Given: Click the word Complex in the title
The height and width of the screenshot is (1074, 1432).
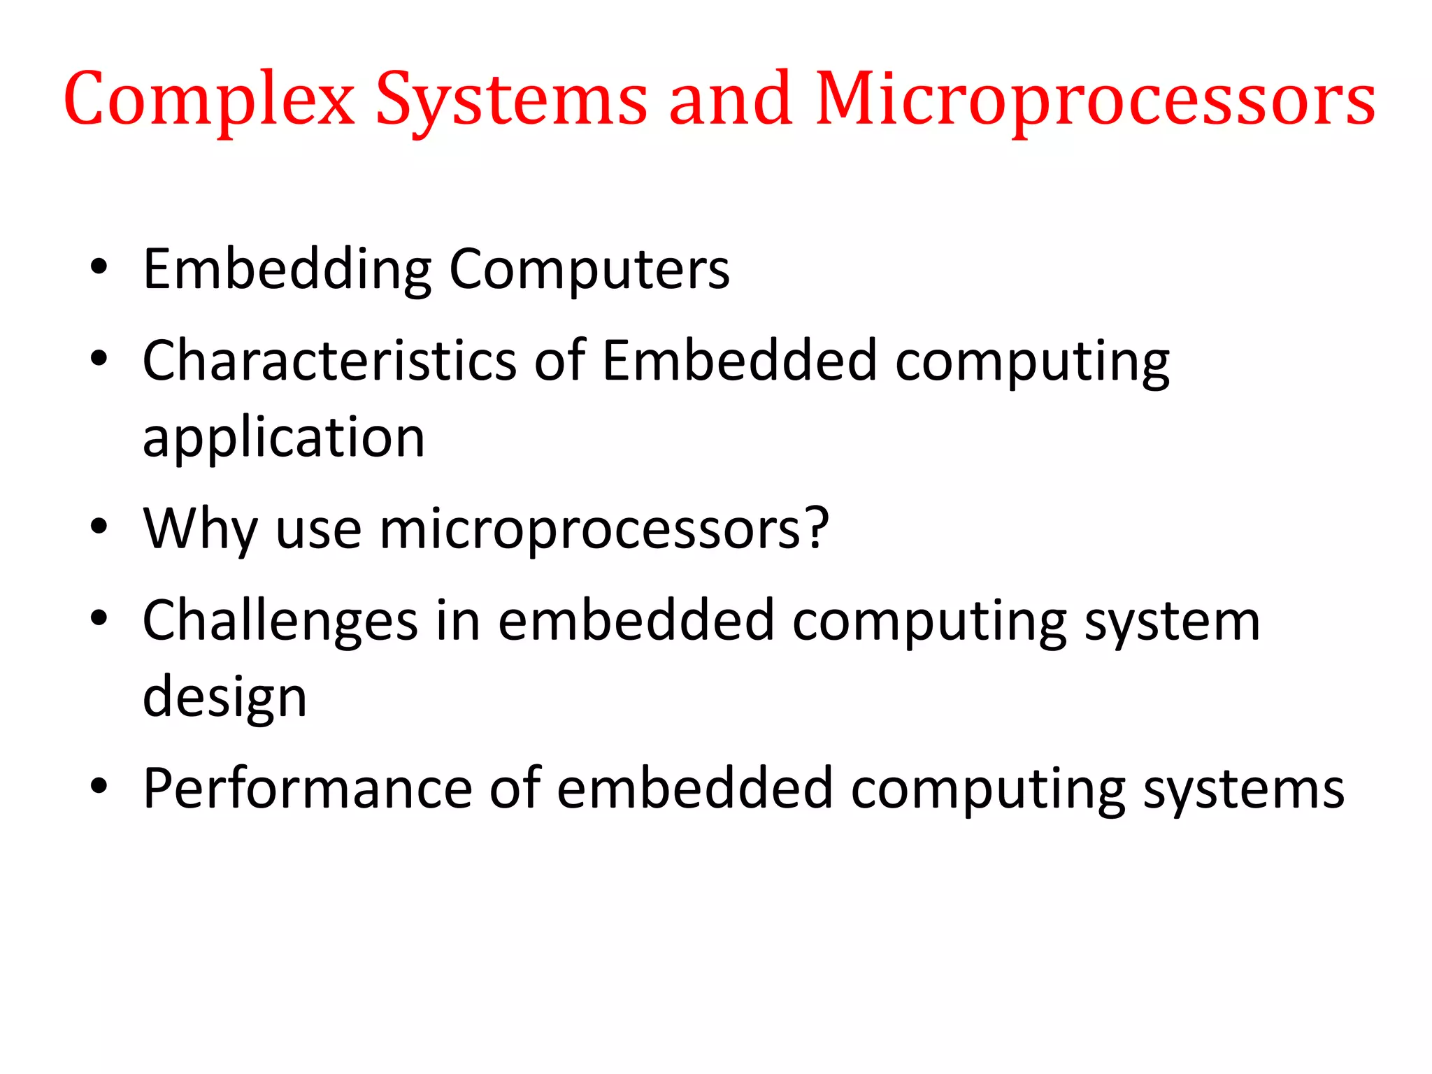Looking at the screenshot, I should click(x=209, y=100).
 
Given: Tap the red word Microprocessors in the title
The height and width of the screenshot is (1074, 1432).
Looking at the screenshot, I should click(x=1095, y=100).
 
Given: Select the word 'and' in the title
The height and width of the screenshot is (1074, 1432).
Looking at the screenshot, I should click(x=731, y=100).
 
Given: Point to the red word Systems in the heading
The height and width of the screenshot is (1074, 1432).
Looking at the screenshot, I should click(x=511, y=100).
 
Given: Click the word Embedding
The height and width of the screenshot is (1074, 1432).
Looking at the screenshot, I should click(x=287, y=270).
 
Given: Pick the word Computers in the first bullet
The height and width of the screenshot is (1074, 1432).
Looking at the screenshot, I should click(x=589, y=270).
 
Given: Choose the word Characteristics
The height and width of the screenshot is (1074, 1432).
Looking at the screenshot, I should click(x=329, y=361).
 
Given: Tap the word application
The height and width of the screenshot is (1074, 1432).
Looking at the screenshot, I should click(x=284, y=438).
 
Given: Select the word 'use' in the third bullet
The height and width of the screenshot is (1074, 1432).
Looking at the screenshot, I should click(x=319, y=529).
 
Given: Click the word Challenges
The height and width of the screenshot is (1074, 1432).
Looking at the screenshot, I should click(x=280, y=621).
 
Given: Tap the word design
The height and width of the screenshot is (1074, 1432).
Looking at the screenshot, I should click(x=224, y=698).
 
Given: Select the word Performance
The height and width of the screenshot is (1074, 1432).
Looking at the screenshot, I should click(x=308, y=789).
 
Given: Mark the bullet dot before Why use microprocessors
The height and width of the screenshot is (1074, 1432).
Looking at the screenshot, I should click(x=99, y=526).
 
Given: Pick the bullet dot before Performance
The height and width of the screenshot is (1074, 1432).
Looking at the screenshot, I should click(x=99, y=785).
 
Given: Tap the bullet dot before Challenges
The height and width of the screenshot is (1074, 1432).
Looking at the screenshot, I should click(x=99, y=617).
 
